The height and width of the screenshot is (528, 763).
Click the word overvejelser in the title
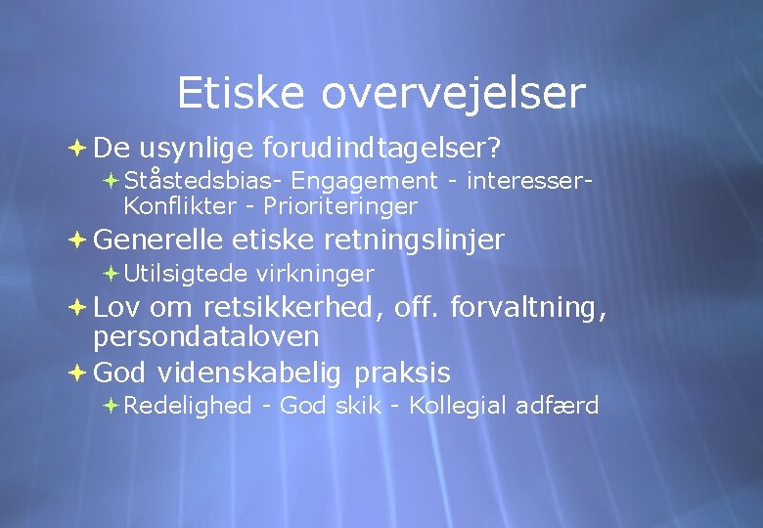click(453, 94)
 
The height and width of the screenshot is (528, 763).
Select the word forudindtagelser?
click(381, 148)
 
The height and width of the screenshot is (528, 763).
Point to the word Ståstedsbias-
click(203, 181)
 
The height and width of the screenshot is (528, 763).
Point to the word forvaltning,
click(528, 308)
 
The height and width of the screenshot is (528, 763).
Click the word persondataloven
click(206, 337)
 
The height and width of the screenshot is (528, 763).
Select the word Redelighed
click(188, 406)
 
